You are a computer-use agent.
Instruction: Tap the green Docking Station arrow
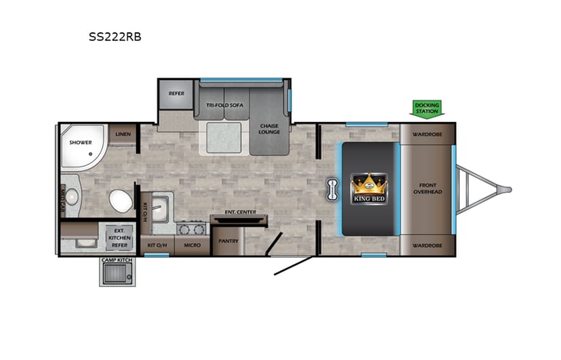tap(427, 109)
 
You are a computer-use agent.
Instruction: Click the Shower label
tap(81, 142)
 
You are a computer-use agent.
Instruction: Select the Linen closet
tap(122, 134)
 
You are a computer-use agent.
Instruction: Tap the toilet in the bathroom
tap(118, 202)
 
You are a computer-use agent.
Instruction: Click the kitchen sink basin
tap(160, 208)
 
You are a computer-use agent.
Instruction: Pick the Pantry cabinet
tap(227, 241)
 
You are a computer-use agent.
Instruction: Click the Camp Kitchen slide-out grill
tap(115, 271)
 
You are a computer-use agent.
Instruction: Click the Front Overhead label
tap(427, 188)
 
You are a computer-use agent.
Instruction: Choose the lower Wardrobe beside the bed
tap(426, 246)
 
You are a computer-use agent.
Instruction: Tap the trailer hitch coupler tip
tap(507, 188)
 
